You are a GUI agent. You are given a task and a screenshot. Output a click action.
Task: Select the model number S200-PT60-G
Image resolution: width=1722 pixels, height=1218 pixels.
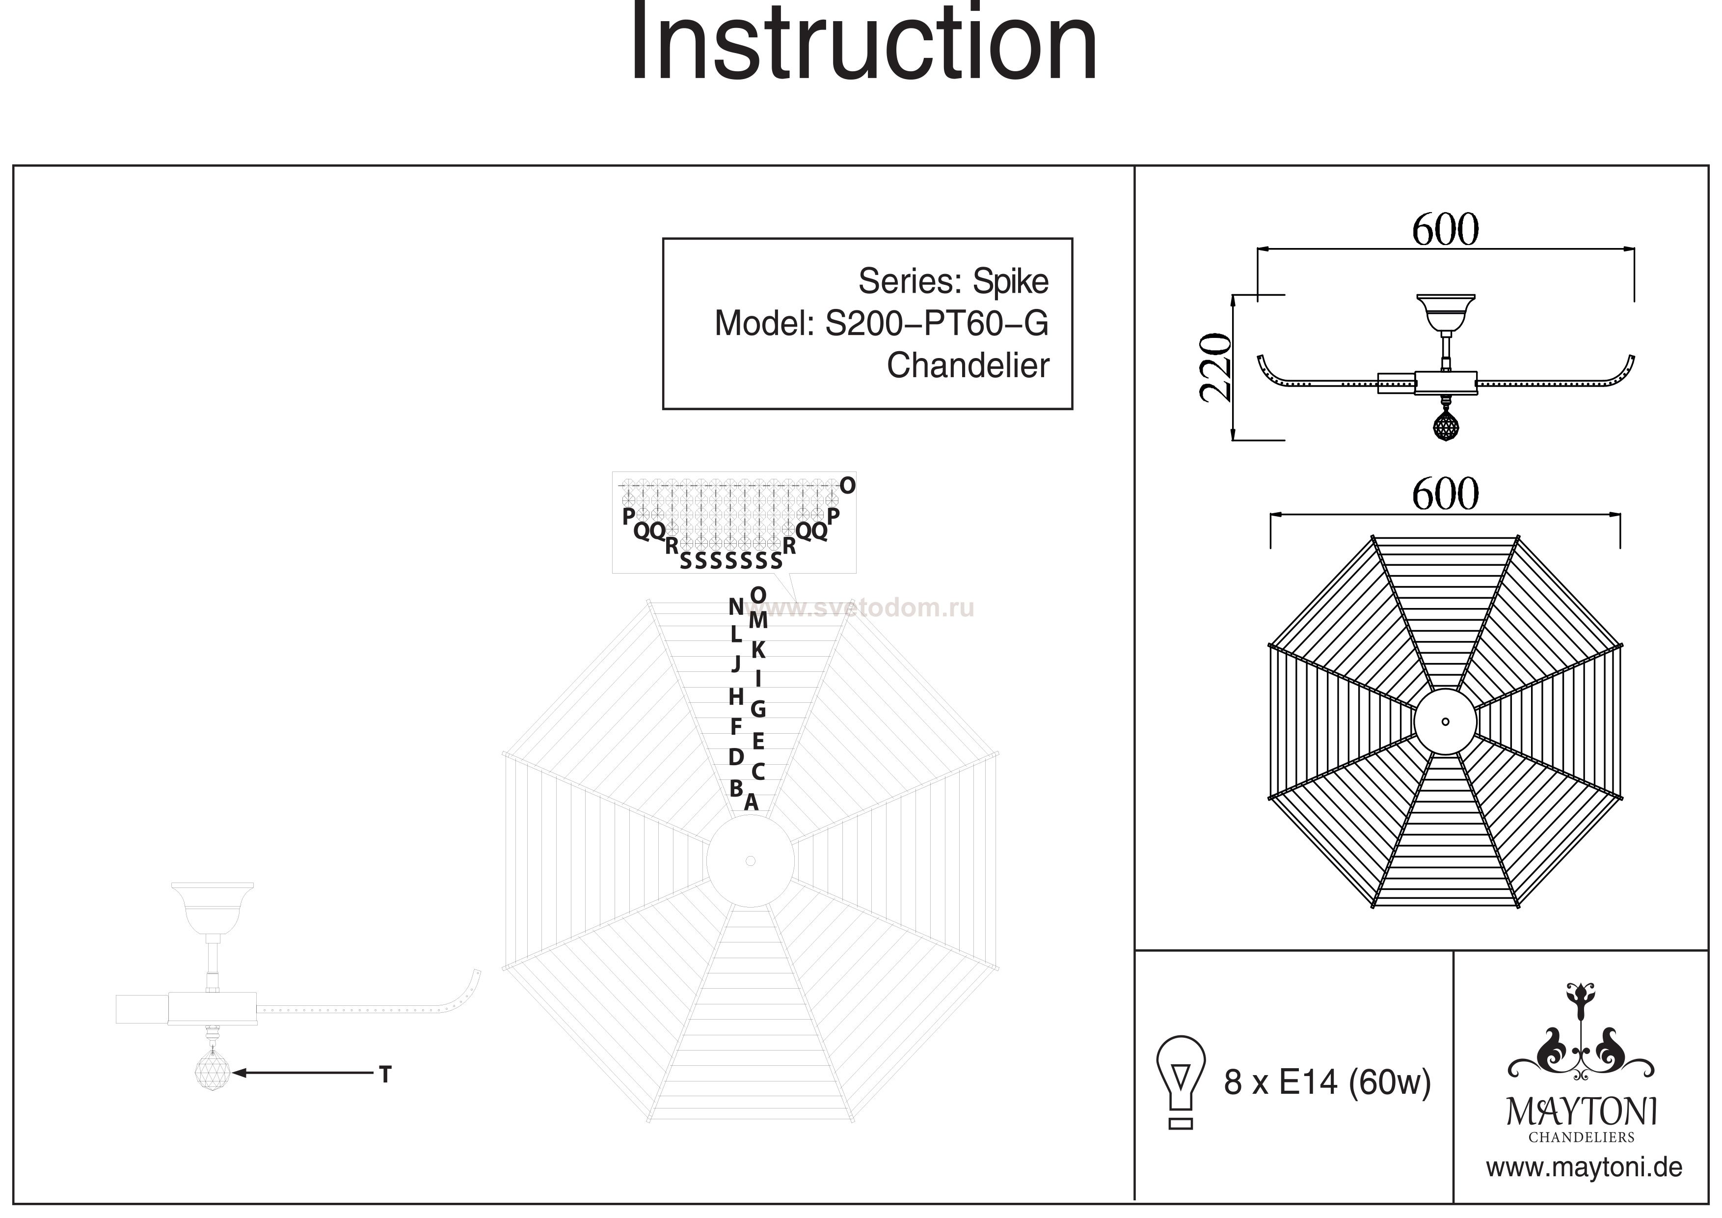coord(936,324)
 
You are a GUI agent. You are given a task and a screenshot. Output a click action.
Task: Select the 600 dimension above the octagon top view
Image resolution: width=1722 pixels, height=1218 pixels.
coord(1445,494)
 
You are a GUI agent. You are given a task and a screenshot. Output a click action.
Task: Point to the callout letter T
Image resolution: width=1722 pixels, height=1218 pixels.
coord(385,1075)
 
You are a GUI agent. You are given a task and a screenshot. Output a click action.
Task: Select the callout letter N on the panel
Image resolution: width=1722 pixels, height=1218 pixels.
coord(736,607)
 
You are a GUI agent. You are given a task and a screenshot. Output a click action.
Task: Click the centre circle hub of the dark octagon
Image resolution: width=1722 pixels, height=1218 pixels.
coord(1445,722)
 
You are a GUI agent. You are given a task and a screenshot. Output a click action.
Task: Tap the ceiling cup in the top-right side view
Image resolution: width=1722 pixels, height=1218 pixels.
coord(1445,311)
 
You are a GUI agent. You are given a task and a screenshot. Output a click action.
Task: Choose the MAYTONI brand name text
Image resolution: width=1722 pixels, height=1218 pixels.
coord(1582,1112)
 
